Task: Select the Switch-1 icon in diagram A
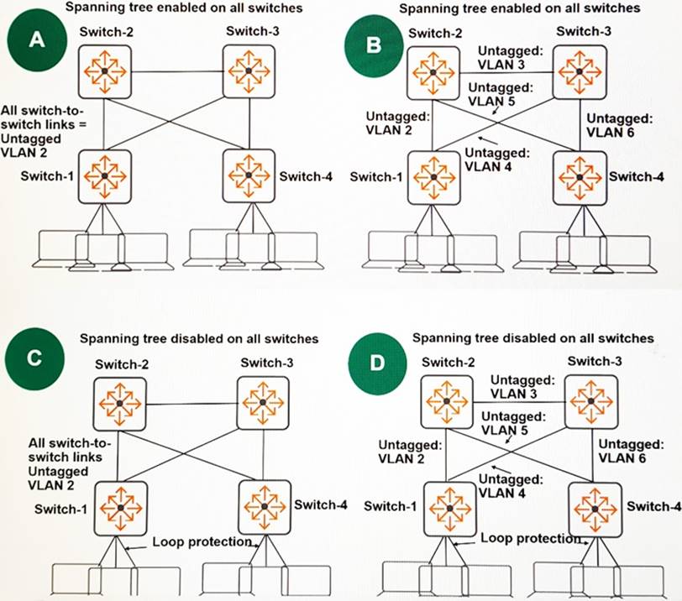(x=104, y=175)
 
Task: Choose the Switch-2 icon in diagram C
(x=119, y=404)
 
